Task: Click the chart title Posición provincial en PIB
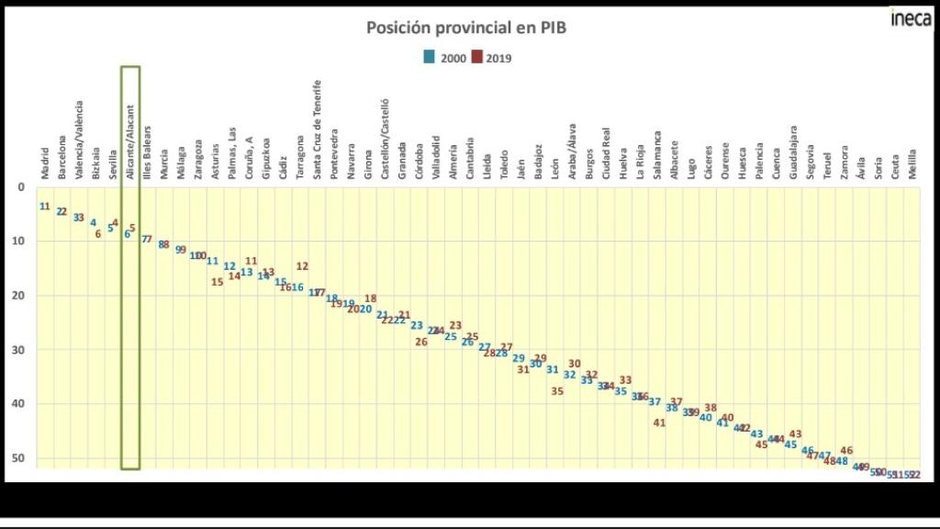pyautogui.click(x=466, y=28)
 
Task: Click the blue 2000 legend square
pyautogui.click(x=429, y=57)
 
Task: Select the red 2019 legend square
pyautogui.click(x=477, y=57)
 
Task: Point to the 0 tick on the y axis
pyautogui.click(x=21, y=187)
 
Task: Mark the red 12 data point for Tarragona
pyautogui.click(x=302, y=266)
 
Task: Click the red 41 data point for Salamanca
pyautogui.click(x=659, y=422)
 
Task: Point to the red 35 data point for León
pyautogui.click(x=557, y=390)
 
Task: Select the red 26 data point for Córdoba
pyautogui.click(x=421, y=342)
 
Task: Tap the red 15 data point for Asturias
pyautogui.click(x=218, y=282)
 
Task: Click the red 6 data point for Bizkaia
pyautogui.click(x=98, y=234)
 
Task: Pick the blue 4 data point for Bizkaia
pyautogui.click(x=93, y=222)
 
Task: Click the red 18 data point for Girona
pyautogui.click(x=370, y=298)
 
